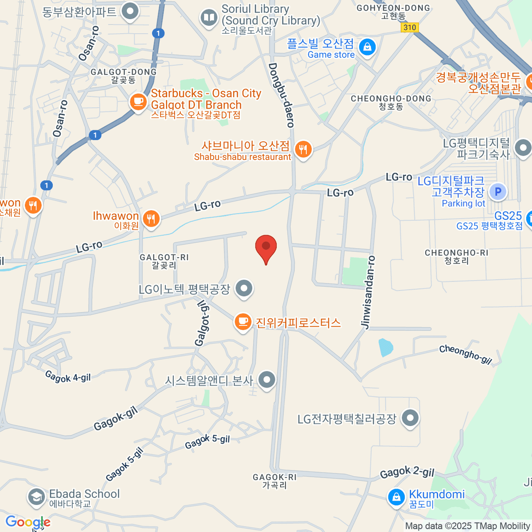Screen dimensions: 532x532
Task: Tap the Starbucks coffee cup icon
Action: (x=138, y=102)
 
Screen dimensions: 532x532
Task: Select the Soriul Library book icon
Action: (x=208, y=18)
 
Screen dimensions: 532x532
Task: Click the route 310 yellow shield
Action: (x=410, y=27)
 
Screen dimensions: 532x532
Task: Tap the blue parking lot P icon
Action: (x=498, y=192)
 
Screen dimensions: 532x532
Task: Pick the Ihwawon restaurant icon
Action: (x=151, y=218)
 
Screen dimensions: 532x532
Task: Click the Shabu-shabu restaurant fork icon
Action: (x=303, y=149)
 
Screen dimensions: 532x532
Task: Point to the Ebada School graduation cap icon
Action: (x=36, y=497)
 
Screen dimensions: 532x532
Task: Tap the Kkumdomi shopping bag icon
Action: (x=396, y=497)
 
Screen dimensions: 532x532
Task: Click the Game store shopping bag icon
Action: (x=367, y=47)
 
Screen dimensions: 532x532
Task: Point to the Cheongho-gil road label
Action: (x=465, y=355)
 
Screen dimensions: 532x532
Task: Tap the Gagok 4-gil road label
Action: (x=68, y=377)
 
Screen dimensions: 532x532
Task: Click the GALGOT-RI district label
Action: (x=164, y=261)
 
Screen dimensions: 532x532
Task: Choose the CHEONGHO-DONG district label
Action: (x=391, y=102)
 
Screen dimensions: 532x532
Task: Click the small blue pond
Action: (x=386, y=348)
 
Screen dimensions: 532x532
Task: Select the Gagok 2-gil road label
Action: (x=407, y=473)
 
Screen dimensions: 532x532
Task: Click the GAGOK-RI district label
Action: (x=274, y=481)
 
